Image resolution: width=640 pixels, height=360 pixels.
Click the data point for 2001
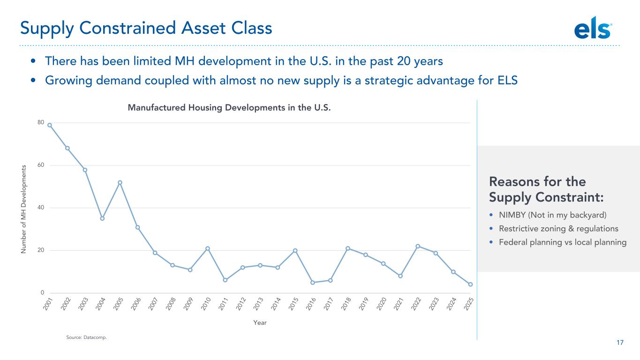coord(50,125)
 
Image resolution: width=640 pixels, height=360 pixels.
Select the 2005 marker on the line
coord(120,182)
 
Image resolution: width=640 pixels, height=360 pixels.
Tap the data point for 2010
coord(207,248)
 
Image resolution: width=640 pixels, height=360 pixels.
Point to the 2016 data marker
coord(313,282)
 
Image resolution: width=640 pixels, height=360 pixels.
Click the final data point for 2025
coord(470,285)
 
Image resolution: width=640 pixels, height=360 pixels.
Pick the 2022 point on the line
coord(418,246)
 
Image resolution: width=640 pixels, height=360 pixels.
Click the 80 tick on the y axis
coord(41,123)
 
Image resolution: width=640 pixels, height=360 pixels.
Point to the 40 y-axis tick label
coord(41,208)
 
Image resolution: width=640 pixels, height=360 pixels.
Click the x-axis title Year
coord(260,322)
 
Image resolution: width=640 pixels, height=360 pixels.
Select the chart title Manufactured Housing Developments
coord(229,108)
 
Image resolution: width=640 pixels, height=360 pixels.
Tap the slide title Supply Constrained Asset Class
coord(146,29)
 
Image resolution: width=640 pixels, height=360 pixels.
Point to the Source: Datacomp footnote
coord(86,337)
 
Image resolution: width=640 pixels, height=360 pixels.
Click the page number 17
coord(620,343)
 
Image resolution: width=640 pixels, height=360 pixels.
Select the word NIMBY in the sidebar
coord(510,215)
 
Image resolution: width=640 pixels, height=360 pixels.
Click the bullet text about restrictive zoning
coord(558,229)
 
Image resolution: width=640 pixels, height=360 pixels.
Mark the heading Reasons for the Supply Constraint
coord(546,189)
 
